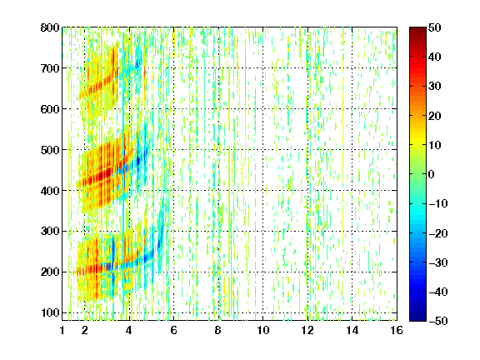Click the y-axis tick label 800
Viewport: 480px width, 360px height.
50,27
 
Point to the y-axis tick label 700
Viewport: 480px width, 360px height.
50,68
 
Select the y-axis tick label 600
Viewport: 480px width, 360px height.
50,109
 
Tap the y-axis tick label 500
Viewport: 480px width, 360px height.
50,150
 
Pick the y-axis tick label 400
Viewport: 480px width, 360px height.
50,191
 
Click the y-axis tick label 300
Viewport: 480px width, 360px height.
50,232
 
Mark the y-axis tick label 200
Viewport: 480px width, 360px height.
50,272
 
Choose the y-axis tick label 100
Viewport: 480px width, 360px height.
50,312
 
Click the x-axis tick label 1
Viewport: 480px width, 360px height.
62,330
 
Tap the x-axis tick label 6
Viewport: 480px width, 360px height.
174,330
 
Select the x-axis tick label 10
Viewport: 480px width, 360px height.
263,330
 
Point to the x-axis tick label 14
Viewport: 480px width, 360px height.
352,330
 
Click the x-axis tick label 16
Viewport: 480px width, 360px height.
397,330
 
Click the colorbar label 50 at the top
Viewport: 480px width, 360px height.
435,27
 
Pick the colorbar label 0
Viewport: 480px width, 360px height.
432,174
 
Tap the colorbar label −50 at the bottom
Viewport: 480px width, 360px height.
438,321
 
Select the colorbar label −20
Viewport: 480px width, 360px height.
438,233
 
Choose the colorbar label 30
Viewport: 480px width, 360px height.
435,87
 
